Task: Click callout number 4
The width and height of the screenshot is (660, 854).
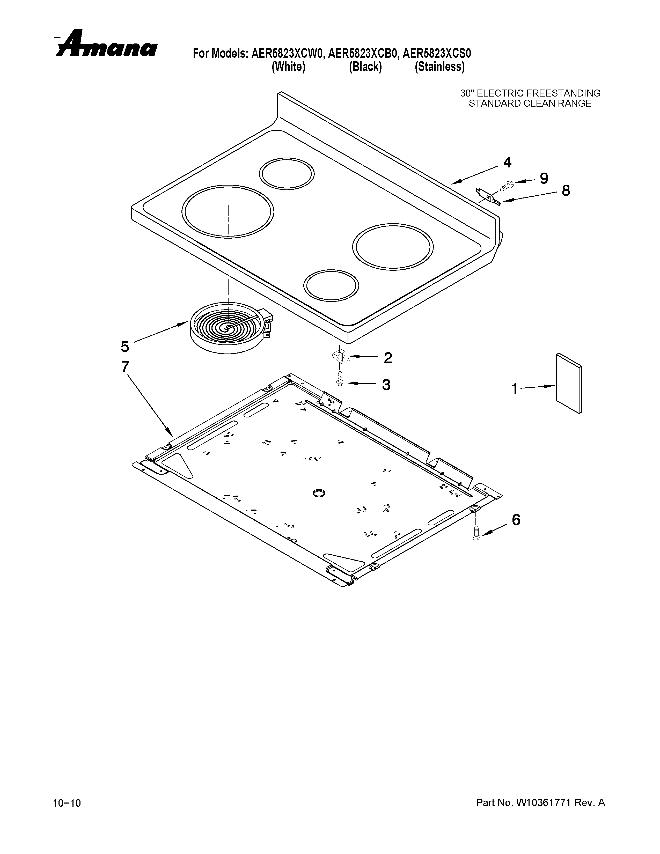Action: (507, 162)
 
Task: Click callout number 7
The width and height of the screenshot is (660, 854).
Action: (125, 366)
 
